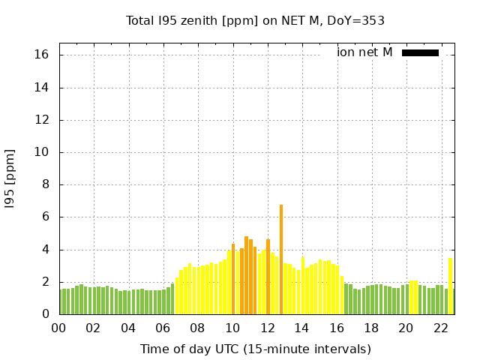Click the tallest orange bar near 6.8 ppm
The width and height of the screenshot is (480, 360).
[281, 259]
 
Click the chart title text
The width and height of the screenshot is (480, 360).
[255, 21]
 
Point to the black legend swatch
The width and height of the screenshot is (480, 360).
[420, 52]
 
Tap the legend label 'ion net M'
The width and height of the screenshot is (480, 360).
[364, 52]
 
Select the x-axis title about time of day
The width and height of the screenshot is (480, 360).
[255, 349]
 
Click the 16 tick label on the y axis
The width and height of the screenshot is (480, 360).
[42, 55]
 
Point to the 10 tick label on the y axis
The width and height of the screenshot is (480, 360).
[42, 152]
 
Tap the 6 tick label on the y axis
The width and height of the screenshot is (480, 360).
[45, 217]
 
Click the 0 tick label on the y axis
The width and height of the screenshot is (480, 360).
[45, 315]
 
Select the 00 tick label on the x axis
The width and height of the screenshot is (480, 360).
[58, 328]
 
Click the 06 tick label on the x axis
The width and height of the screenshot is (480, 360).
[163, 328]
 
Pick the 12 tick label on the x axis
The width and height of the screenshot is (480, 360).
[267, 328]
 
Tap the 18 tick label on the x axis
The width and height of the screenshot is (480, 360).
[371, 328]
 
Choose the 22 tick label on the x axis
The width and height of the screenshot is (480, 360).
[441, 328]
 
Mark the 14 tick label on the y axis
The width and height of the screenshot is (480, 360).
[42, 88]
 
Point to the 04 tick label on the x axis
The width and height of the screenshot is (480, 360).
[128, 328]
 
